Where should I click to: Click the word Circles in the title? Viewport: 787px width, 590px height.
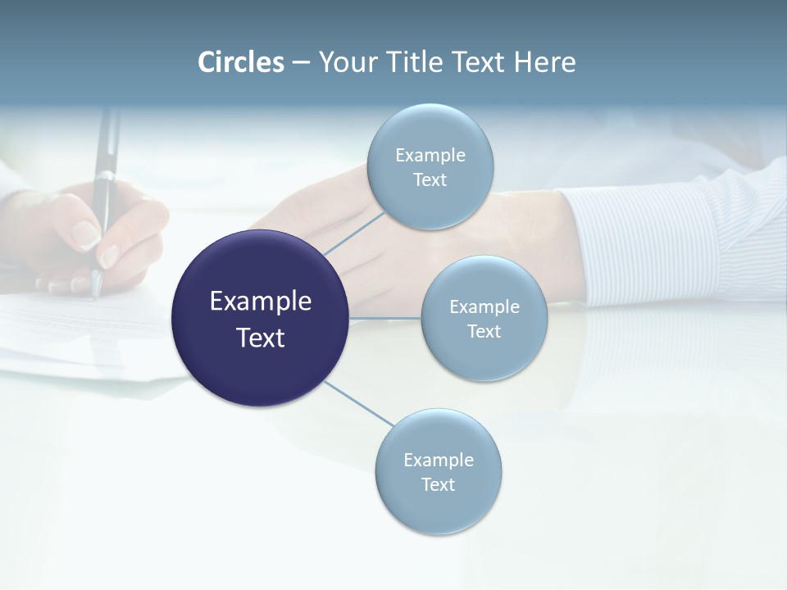click(x=241, y=62)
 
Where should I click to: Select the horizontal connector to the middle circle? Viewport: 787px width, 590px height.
click(x=385, y=318)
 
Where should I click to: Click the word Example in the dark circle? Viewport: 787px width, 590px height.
click(x=261, y=302)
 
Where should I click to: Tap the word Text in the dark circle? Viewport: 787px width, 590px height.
click(x=261, y=338)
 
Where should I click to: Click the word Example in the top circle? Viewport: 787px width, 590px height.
click(x=430, y=155)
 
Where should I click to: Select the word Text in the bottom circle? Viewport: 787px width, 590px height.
click(x=438, y=484)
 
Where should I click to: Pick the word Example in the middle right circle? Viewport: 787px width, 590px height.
click(x=484, y=306)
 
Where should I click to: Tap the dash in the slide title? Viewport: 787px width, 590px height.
click(x=301, y=63)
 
